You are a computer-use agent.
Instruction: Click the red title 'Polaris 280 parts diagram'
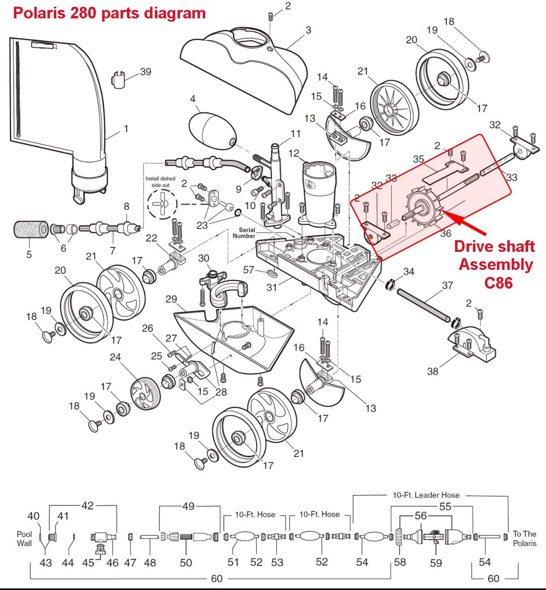tap(109, 13)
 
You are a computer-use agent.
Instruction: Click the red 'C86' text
tap(498, 283)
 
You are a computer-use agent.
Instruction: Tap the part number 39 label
tap(145, 72)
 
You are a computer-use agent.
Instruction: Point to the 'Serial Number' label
tap(244, 233)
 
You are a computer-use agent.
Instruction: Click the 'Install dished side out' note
tap(160, 182)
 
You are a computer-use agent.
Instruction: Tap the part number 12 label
tap(293, 153)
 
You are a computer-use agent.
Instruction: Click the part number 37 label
tap(447, 285)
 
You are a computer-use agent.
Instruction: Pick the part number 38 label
tap(433, 371)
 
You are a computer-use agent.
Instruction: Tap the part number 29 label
tap(171, 299)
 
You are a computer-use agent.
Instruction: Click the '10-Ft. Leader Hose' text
tap(425, 495)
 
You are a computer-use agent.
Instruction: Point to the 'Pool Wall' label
tap(24, 538)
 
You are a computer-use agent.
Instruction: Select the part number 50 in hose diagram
tap(186, 562)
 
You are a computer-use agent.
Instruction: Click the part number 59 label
tap(436, 563)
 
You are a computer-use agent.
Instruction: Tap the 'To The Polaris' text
tap(524, 538)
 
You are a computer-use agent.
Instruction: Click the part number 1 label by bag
tap(126, 129)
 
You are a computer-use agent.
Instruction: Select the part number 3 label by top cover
tap(308, 30)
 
